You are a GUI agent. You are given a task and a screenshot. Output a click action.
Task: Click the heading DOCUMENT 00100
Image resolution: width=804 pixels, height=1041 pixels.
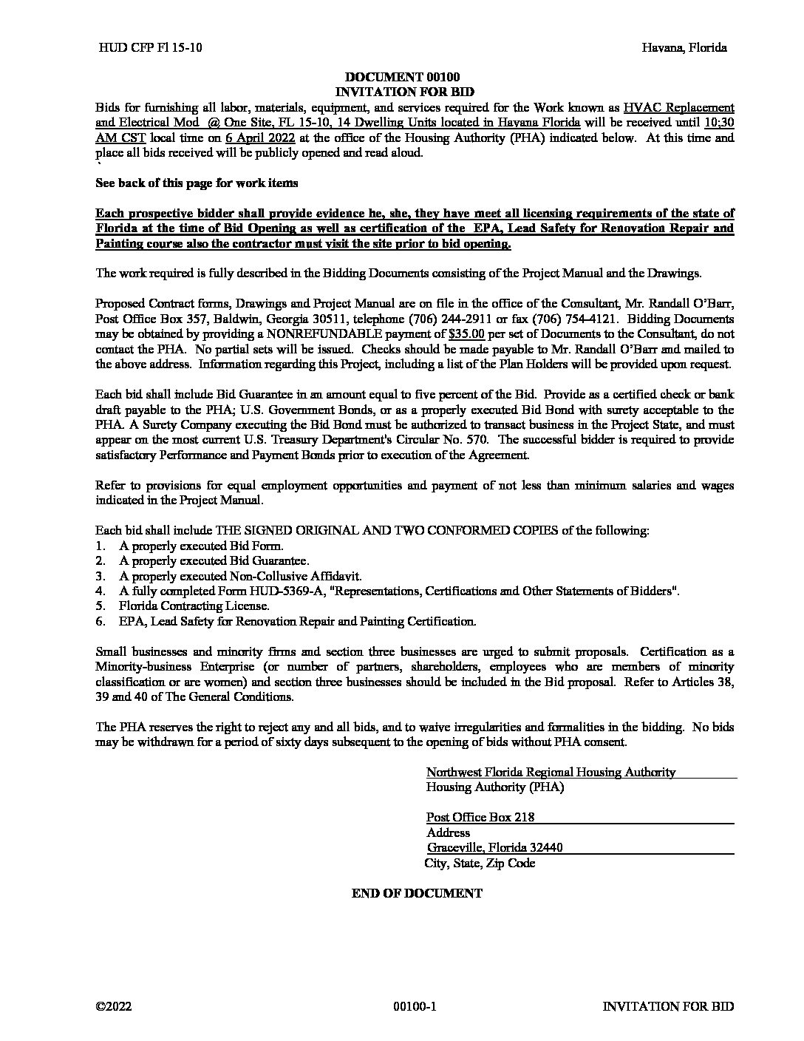(x=402, y=77)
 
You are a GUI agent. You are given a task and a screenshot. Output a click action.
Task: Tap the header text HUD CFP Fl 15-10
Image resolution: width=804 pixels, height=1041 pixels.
(x=150, y=47)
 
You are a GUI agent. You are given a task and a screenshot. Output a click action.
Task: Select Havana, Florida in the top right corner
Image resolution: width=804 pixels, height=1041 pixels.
(x=684, y=47)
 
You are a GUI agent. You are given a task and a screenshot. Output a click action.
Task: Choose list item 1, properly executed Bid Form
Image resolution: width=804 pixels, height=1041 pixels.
(x=200, y=546)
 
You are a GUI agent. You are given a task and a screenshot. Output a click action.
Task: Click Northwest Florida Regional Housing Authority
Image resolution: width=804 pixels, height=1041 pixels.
(x=551, y=772)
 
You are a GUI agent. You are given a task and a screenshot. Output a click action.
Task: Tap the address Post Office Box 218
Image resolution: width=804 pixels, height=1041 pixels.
(x=480, y=817)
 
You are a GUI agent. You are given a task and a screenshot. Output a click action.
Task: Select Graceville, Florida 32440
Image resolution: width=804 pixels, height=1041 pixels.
(x=494, y=847)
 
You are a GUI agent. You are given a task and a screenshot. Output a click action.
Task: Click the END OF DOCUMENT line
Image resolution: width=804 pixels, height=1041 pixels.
(x=417, y=893)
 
